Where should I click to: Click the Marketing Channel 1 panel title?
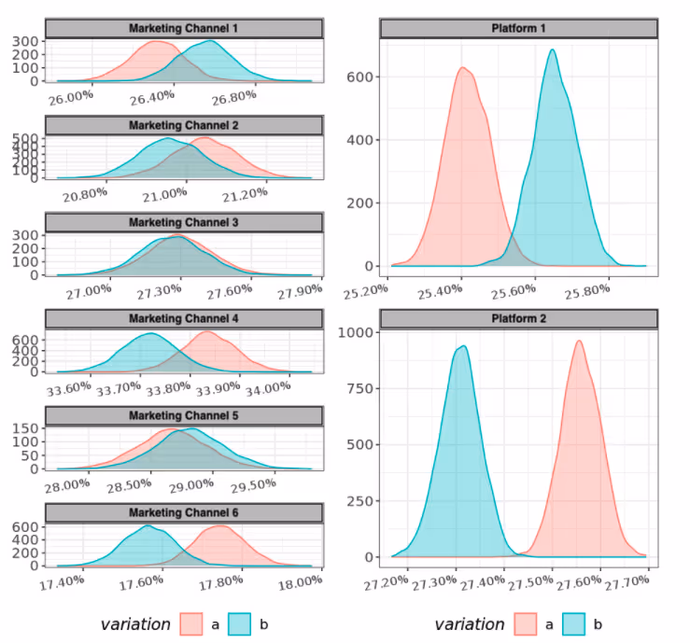183,29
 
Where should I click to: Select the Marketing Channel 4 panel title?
183,319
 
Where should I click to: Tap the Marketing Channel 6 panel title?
183,513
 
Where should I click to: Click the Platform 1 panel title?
519,29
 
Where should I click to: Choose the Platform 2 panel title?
519,318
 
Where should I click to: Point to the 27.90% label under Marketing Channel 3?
300,289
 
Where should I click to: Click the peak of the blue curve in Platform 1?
553,50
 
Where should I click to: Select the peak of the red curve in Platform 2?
579,341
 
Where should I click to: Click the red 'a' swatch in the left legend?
191,623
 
